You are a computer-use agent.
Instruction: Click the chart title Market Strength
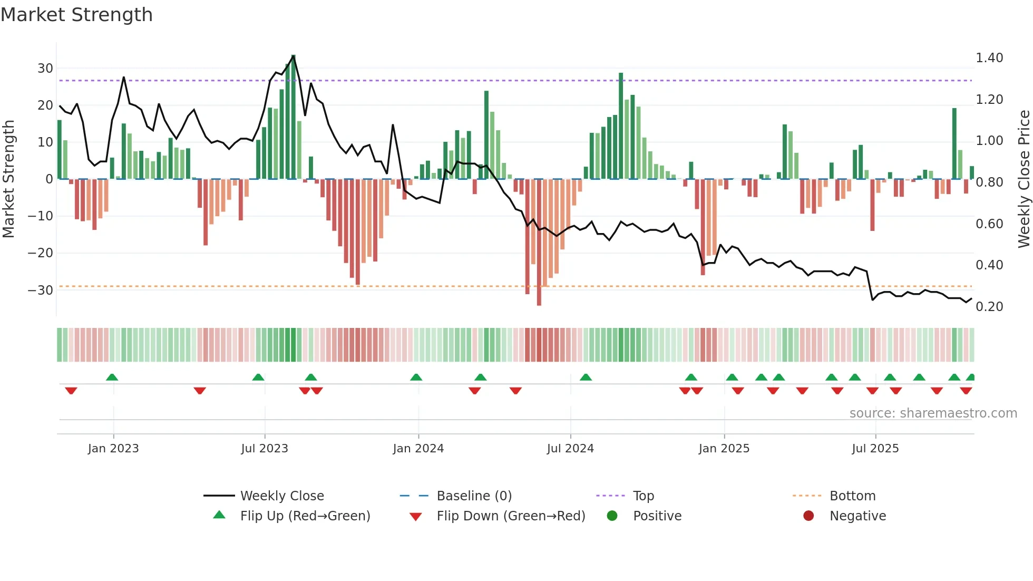point(76,15)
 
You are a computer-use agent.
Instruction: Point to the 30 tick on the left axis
point(45,69)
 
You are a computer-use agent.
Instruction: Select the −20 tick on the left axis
point(41,253)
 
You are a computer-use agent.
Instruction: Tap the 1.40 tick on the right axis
point(989,58)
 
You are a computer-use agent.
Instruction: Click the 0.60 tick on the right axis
point(989,224)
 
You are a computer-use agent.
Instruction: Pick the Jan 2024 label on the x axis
point(418,449)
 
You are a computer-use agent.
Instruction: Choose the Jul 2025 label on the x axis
point(875,449)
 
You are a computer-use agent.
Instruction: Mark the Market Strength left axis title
point(8,179)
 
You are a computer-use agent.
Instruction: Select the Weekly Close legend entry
point(281,496)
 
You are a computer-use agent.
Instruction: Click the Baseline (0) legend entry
point(474,496)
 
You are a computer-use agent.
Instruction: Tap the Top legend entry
point(643,496)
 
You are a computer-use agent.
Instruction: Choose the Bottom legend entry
point(852,496)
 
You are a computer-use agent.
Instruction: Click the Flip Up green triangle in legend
point(219,515)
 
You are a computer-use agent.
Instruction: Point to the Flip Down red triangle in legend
point(415,517)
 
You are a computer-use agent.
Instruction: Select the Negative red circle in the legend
point(808,516)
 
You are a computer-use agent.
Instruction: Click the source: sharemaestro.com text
point(933,413)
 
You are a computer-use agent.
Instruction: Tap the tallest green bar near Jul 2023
point(293,116)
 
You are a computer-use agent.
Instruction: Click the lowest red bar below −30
point(539,243)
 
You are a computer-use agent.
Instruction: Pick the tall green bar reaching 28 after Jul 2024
point(621,127)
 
